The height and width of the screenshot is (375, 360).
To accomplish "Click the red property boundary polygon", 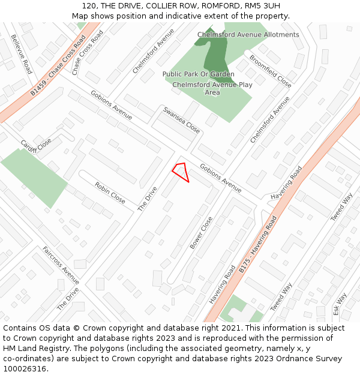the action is (x=181, y=171).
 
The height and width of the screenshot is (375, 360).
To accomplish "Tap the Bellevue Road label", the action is (x=21, y=54).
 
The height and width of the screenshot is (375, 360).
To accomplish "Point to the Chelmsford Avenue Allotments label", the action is (x=248, y=35).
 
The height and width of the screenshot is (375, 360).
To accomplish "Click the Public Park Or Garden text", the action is (x=198, y=74).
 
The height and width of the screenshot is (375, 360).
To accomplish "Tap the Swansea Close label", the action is (x=181, y=119).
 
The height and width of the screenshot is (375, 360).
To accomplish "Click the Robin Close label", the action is (x=110, y=193).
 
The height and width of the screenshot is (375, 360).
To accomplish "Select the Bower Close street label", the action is (x=201, y=233).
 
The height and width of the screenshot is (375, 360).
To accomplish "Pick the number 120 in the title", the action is (x=83, y=6).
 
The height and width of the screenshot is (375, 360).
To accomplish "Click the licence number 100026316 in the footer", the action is (x=25, y=369).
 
